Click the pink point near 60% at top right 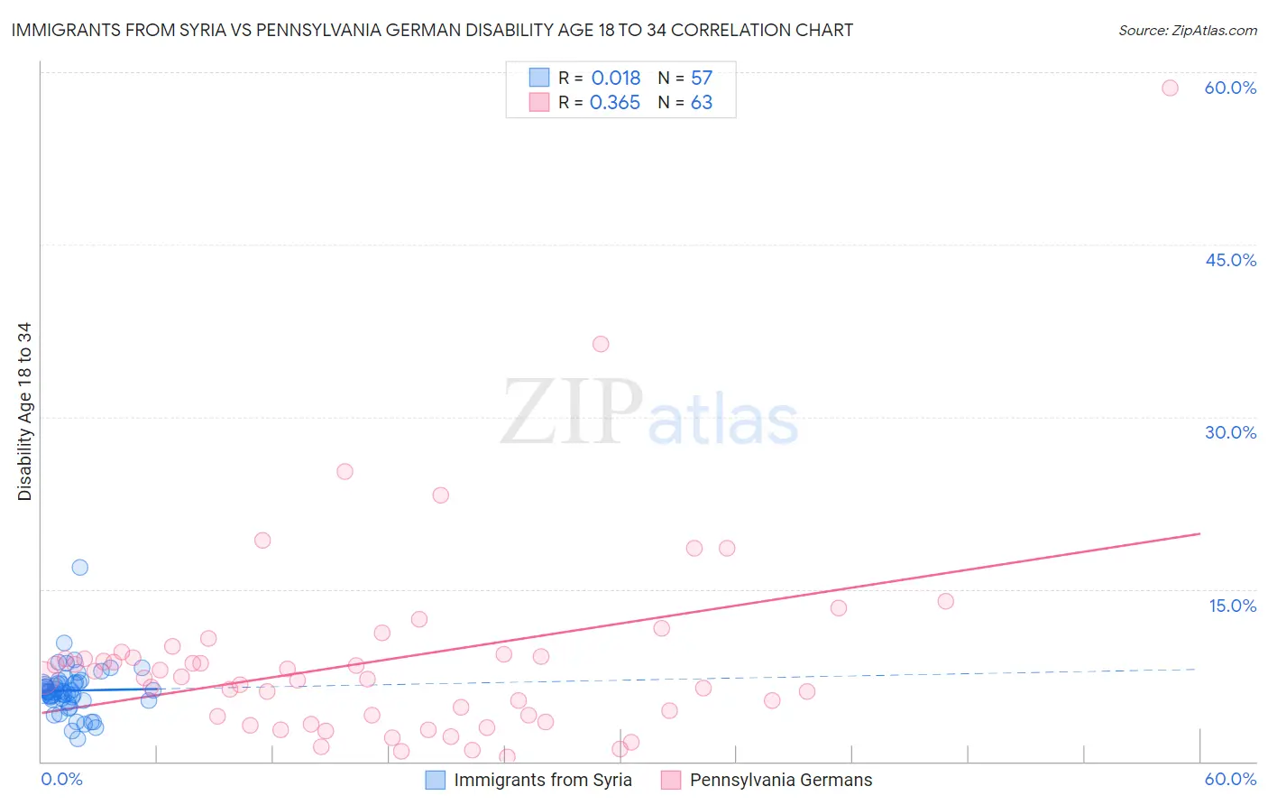click(1170, 88)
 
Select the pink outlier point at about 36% click(601, 344)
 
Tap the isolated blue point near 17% click(79, 567)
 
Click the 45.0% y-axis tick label click(1230, 260)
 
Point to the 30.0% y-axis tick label click(1230, 432)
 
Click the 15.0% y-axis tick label click(1232, 606)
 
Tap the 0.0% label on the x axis click(61, 779)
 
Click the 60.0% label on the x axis click(1230, 779)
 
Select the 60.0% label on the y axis click(1230, 88)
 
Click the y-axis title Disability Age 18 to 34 click(24, 412)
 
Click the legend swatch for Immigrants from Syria click(436, 780)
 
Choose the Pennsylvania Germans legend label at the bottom click(781, 780)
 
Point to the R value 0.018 click(616, 79)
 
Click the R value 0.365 click(615, 103)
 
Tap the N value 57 click(702, 79)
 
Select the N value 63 click(702, 103)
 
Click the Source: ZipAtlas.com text click(1187, 31)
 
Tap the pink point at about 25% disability click(345, 471)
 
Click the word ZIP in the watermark click(572, 412)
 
